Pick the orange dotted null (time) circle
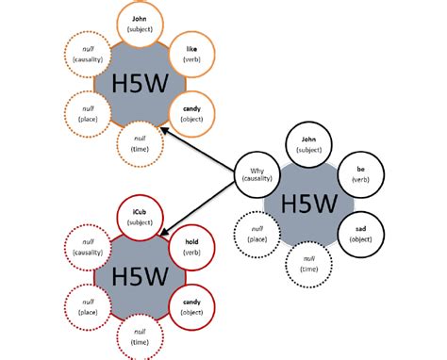(x=140, y=143)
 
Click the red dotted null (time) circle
(x=140, y=335)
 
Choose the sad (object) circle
(x=359, y=234)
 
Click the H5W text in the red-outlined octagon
(x=138, y=276)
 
